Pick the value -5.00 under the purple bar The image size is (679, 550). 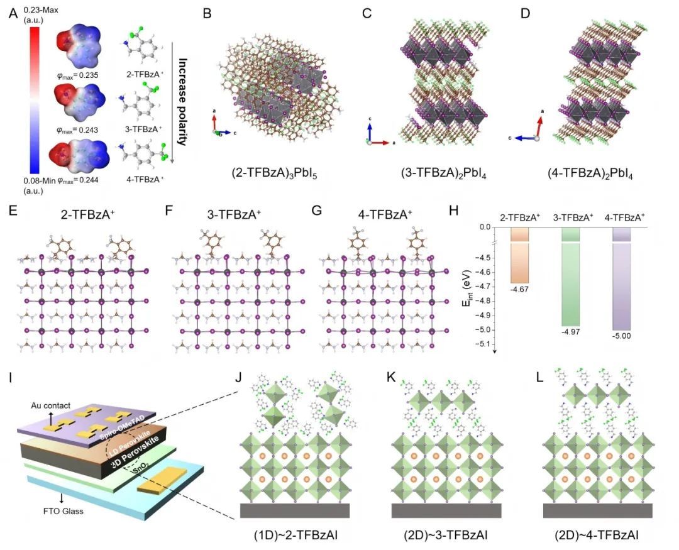coord(621,336)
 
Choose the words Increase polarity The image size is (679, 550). coord(182,102)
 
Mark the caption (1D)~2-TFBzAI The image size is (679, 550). coord(294,535)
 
